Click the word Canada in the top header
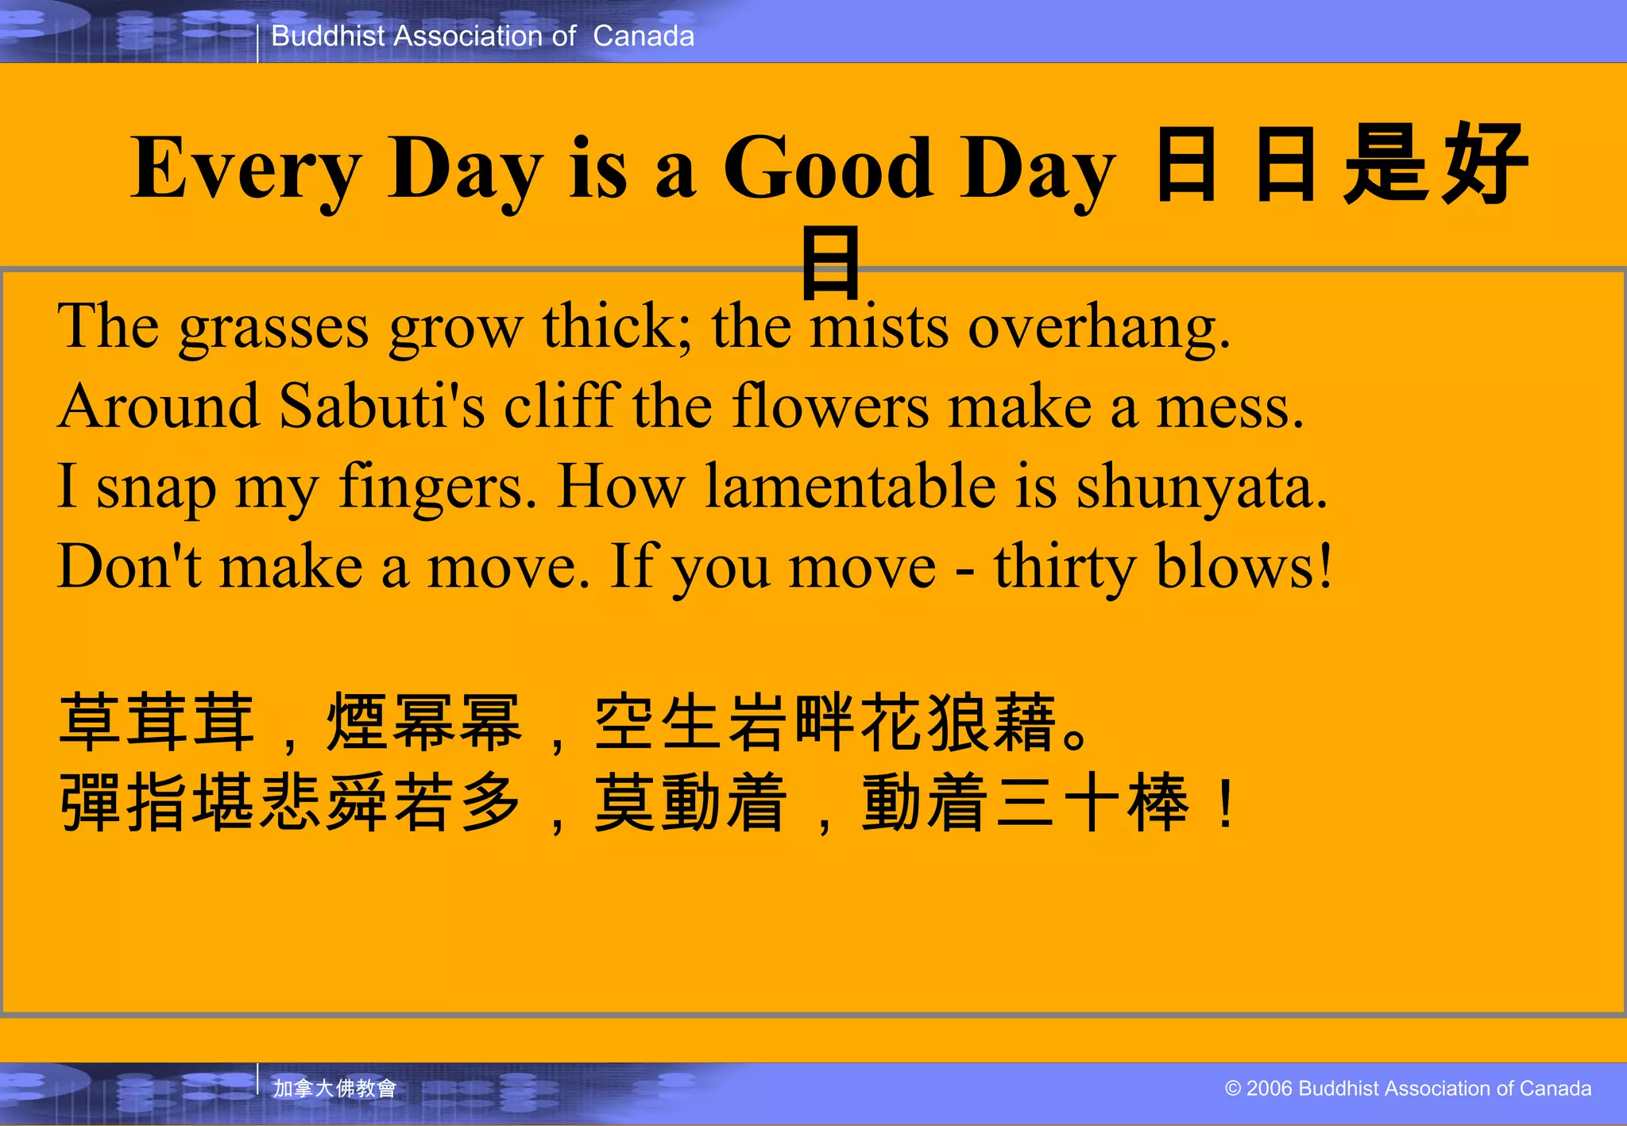coord(643,37)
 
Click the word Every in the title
coord(246,168)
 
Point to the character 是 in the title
coord(1386,165)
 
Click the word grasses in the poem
coord(273,327)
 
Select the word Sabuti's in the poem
coord(382,407)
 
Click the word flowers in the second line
coord(830,407)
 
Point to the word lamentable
coord(851,486)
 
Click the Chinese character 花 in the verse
coord(894,723)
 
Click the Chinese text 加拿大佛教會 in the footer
coord(334,1088)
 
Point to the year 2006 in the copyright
coord(1270,1088)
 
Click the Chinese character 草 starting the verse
coord(90,723)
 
